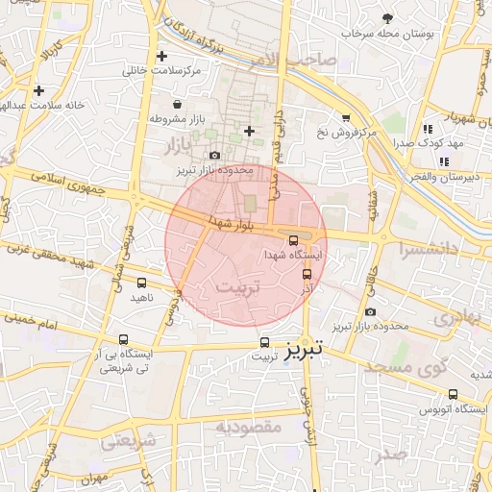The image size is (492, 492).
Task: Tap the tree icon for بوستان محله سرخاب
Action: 387,18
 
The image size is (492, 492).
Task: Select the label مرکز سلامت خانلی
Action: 160,71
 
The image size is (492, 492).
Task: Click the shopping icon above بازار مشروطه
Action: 177,104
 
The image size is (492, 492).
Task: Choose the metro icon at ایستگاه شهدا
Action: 293,240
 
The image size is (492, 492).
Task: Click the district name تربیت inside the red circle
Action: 235,288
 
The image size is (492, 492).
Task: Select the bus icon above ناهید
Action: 142,283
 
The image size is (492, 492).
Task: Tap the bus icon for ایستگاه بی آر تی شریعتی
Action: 123,339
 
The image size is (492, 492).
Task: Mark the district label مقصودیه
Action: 248,426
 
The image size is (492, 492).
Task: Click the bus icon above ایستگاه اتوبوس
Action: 454,394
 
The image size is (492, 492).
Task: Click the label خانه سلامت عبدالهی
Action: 37,105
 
